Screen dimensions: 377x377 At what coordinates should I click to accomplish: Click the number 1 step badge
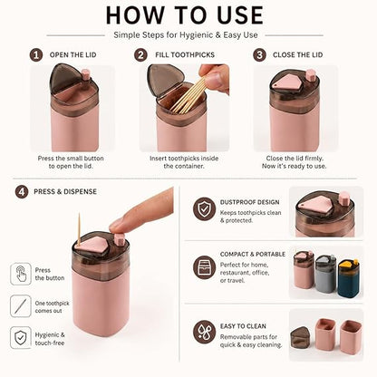[x=36, y=55]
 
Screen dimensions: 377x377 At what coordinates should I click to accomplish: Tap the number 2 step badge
[x=140, y=55]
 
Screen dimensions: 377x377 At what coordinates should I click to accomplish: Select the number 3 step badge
[x=259, y=55]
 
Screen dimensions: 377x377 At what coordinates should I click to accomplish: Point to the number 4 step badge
[x=22, y=192]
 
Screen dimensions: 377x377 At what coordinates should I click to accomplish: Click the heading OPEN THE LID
[x=73, y=55]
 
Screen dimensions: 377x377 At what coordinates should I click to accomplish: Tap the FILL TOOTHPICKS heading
[x=185, y=55]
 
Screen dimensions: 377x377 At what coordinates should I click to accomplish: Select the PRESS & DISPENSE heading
[x=65, y=192]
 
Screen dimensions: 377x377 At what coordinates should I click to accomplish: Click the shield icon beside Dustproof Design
[x=205, y=208]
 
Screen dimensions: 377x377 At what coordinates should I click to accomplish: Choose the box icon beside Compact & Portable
[x=205, y=267]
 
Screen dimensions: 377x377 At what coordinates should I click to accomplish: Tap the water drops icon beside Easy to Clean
[x=205, y=332]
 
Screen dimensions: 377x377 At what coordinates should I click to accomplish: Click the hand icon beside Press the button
[x=21, y=274]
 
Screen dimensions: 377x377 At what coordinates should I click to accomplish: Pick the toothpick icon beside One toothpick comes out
[x=21, y=306]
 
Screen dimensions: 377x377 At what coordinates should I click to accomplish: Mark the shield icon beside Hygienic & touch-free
[x=21, y=337]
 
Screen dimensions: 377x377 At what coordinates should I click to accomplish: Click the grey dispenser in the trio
[x=326, y=274]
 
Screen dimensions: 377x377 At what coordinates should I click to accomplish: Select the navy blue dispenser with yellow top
[x=349, y=278]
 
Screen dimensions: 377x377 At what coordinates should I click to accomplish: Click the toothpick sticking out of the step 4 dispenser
[x=79, y=228]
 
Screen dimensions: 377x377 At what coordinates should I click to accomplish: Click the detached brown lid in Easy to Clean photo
[x=302, y=338]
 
